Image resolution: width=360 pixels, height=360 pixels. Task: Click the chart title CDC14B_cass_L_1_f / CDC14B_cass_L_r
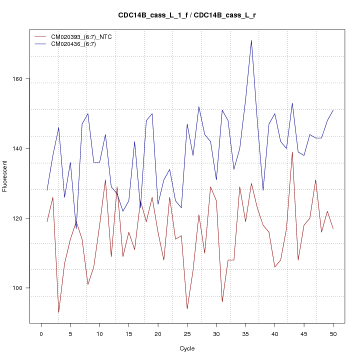(187, 15)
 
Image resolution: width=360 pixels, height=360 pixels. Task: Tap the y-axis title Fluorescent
(5, 176)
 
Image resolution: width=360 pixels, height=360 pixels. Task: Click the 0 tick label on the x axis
(41, 333)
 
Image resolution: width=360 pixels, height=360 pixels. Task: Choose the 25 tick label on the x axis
(187, 333)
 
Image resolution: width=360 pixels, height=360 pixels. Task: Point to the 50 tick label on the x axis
(333, 333)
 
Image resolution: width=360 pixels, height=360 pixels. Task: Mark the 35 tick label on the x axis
(245, 333)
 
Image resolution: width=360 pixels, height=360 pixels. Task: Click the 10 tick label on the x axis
(99, 333)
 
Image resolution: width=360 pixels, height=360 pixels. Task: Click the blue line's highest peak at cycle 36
(251, 40)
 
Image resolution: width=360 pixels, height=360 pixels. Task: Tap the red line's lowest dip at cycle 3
(59, 312)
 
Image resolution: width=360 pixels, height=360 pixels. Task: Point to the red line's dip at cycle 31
(222, 301)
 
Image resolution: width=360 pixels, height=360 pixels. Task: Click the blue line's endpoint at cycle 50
(333, 110)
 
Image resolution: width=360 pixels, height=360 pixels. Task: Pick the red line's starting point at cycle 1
(47, 221)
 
